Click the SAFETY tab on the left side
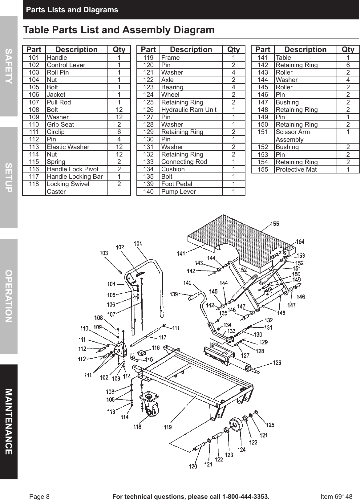(x=9, y=66)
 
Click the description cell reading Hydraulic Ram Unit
(x=189, y=110)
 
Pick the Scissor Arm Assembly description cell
(x=293, y=136)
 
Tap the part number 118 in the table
(x=34, y=184)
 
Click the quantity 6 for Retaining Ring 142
(x=348, y=65)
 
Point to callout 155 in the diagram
(x=275, y=224)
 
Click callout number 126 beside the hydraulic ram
(x=277, y=363)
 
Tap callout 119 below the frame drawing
(x=168, y=427)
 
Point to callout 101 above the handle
(x=138, y=243)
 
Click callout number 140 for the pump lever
(x=187, y=283)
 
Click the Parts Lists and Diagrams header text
(x=72, y=10)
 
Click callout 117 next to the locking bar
(x=162, y=337)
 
